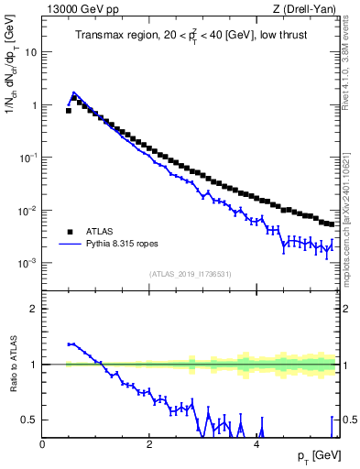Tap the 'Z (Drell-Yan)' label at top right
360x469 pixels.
coord(309,9)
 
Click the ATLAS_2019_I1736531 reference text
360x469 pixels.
coord(191,274)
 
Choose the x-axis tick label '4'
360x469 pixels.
coord(256,444)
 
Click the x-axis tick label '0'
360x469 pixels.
coord(42,444)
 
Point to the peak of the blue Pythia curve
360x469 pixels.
coord(74,93)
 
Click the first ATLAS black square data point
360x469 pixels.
coord(69,110)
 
